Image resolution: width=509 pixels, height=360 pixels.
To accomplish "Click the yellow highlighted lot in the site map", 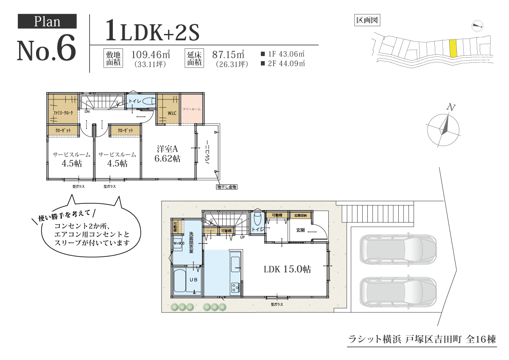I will click(x=453, y=48).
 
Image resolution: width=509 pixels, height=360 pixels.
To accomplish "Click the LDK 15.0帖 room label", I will click(x=287, y=269).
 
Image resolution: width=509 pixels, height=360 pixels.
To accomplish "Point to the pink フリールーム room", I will click(x=191, y=109).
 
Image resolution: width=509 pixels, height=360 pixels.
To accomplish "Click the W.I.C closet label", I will click(x=172, y=113).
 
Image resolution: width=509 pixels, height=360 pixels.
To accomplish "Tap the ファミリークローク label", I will click(x=63, y=113).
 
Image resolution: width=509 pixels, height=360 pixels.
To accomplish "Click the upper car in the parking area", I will click(x=398, y=251).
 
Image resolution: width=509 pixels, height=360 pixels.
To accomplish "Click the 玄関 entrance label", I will click(x=300, y=230).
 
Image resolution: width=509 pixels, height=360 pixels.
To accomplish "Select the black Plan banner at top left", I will click(x=47, y=21).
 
